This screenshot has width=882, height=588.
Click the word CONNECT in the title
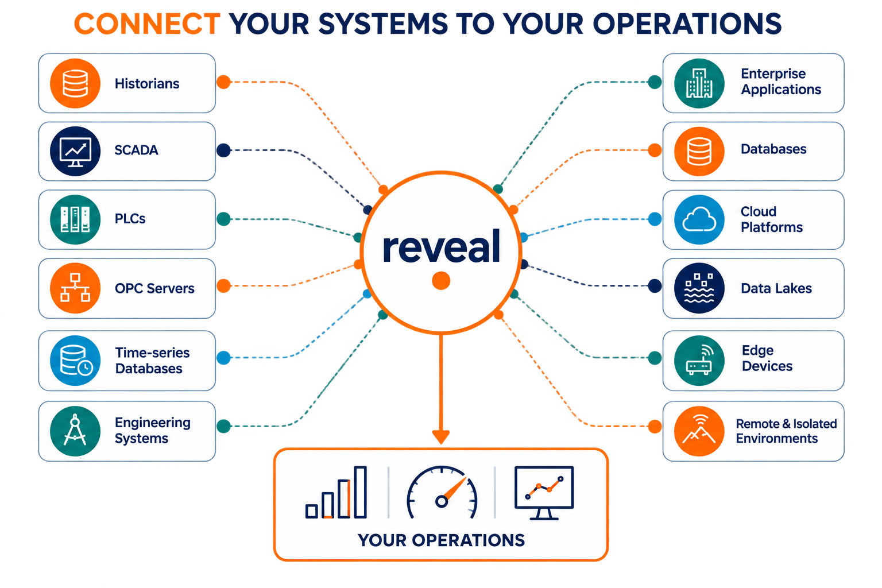pos(147,24)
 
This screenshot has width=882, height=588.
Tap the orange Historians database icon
pos(75,83)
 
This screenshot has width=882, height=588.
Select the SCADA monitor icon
pos(75,151)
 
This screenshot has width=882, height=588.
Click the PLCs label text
pos(130,219)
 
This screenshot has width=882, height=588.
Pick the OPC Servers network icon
pos(75,288)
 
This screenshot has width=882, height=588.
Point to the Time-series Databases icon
pos(75,361)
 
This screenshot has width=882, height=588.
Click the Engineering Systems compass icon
pos(75,431)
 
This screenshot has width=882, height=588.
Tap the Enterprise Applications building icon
pos(699,83)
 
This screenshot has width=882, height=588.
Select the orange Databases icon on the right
pos(699,151)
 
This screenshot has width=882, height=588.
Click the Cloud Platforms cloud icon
pos(699,219)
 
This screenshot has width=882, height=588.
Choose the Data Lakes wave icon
pos(699,288)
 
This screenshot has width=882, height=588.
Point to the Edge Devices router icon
pos(699,361)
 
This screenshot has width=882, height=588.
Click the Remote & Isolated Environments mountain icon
pos(699,431)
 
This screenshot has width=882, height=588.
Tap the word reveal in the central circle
pos(442,246)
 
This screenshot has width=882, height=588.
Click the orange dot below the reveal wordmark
pos(441,281)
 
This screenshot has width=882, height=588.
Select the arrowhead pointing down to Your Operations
pos(441,437)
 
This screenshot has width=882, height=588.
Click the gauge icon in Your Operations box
pos(442,492)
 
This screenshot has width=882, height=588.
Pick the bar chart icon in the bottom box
pos(336,492)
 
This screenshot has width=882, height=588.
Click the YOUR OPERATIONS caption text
pos(442,540)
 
